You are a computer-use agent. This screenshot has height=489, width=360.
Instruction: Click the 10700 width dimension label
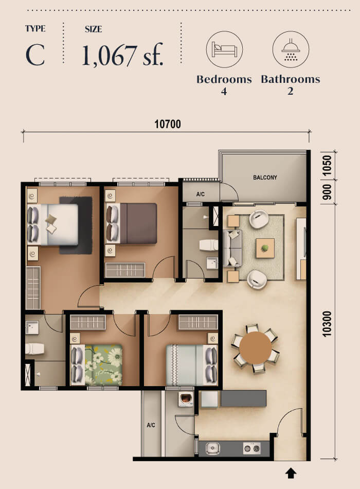pos(167,124)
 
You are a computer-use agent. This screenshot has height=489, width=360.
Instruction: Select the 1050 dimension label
pos(327,165)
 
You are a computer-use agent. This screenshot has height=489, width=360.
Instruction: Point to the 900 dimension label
pos(327,191)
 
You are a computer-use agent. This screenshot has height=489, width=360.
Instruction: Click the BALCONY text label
pos(265,178)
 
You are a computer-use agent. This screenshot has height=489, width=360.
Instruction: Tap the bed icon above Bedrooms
pos(224,49)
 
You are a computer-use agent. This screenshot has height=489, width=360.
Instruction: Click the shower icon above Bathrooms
pos(291,49)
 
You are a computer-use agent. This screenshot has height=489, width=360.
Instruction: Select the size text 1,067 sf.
pos(122,55)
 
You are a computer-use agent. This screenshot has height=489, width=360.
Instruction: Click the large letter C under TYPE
pos(35,55)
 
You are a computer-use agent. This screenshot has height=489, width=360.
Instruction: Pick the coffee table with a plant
pos(265,248)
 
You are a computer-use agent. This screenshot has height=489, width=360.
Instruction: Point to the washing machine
pos(185,399)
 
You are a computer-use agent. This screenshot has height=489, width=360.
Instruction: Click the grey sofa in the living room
pos(232,248)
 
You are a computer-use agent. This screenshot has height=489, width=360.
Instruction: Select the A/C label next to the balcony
pos(201,195)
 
